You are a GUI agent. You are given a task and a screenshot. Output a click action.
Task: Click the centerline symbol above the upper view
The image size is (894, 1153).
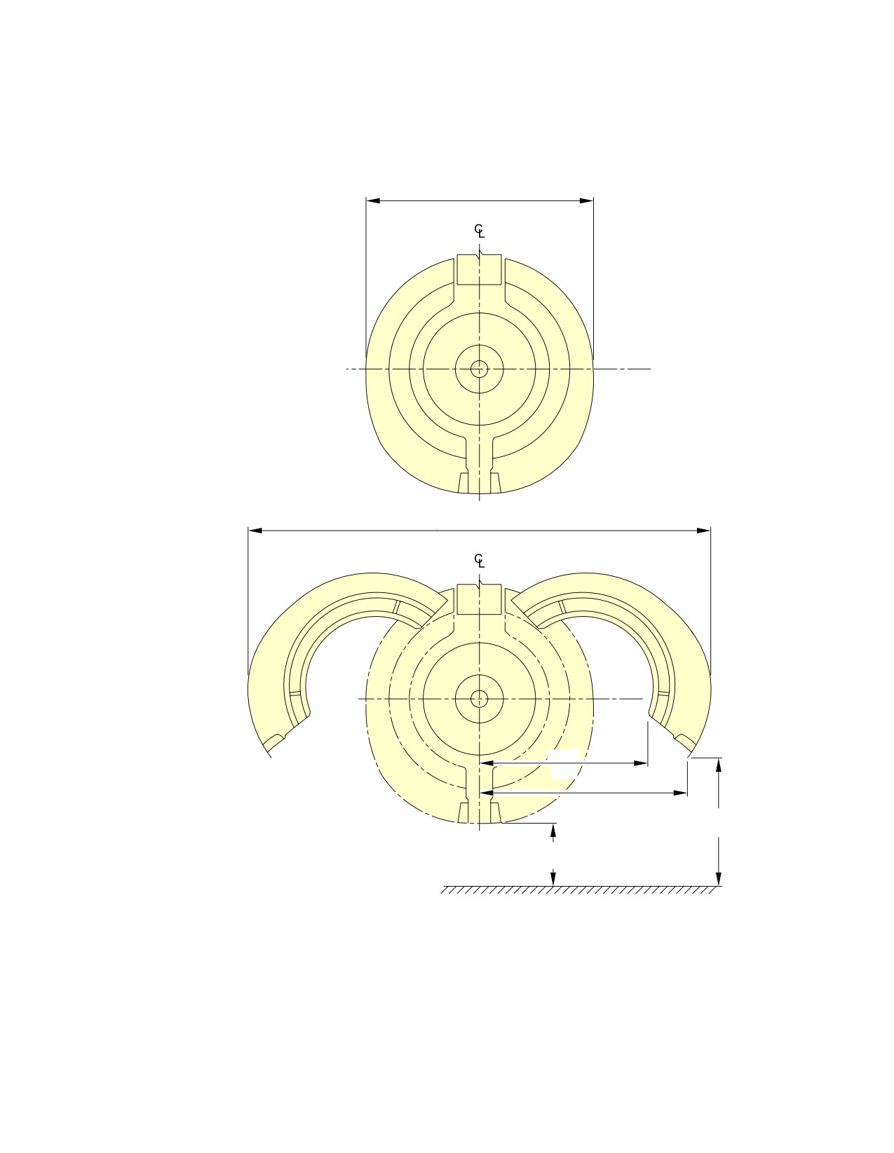click(479, 231)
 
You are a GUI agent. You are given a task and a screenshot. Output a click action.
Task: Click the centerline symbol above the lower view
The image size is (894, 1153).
click(479, 560)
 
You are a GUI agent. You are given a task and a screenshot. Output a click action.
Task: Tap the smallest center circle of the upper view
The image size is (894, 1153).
click(479, 369)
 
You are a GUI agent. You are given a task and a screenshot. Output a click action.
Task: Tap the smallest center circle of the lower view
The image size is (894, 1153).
click(479, 699)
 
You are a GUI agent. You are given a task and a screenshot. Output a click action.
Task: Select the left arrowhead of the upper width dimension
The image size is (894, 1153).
click(373, 201)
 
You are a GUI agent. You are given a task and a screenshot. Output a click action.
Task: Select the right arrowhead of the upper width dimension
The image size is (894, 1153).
click(586, 201)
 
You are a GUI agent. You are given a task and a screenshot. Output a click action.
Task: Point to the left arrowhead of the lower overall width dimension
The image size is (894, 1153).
click(255, 531)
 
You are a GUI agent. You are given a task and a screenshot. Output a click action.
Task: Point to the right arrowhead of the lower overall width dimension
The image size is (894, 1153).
click(703, 531)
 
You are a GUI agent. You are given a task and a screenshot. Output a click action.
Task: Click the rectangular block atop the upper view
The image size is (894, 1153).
click(479, 270)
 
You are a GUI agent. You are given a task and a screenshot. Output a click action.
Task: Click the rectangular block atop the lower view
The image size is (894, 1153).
click(479, 599)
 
